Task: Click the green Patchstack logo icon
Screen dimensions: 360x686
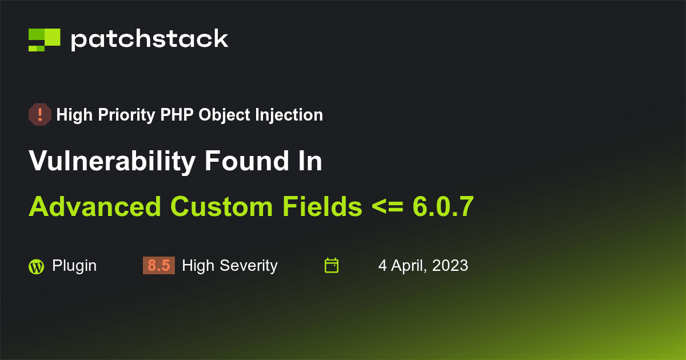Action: coord(45,39)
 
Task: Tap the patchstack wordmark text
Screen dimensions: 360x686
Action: coord(149,39)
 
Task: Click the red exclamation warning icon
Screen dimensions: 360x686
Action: coord(40,115)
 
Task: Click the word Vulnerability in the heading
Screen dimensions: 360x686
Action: coord(112,162)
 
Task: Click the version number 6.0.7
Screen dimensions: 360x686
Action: coord(443,206)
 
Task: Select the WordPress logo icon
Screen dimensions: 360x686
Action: coord(36,266)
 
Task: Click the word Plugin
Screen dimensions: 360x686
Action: coord(74,266)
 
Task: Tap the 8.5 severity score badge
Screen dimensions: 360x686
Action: coord(158,266)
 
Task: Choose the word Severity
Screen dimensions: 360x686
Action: coord(251,266)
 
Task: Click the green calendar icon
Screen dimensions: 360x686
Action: coord(332,266)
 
